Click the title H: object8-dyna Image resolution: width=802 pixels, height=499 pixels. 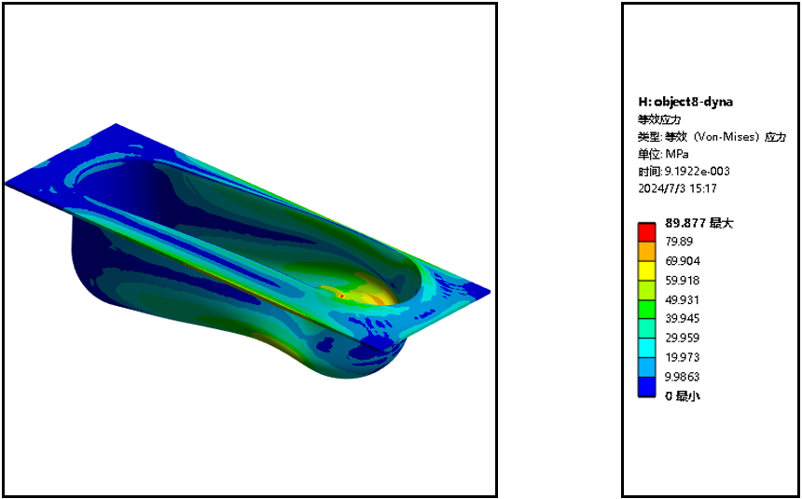685,102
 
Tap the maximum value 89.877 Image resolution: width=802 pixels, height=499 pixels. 685,223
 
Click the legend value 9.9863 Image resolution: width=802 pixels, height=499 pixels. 682,377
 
